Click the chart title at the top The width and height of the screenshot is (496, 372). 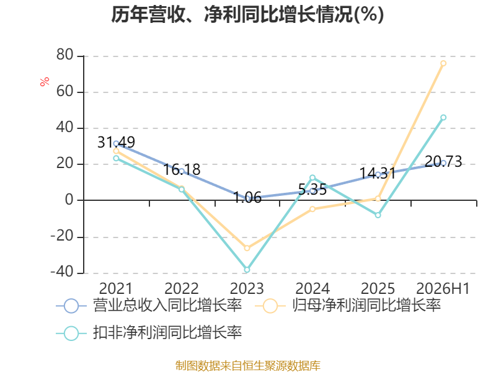click(247, 14)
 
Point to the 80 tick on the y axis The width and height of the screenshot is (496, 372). click(65, 55)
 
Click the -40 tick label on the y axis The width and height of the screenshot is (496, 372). click(62, 272)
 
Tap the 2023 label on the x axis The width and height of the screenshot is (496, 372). click(247, 288)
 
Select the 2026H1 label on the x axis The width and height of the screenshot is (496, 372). click(443, 288)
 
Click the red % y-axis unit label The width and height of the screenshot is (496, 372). click(45, 81)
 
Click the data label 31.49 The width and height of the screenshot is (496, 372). click(116, 143)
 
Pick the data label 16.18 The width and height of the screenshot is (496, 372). click(182, 169)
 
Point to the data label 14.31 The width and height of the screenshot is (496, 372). click(378, 174)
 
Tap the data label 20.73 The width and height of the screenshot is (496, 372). click(443, 161)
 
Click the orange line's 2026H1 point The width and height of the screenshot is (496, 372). click(443, 63)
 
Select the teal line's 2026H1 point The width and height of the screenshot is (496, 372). click(443, 117)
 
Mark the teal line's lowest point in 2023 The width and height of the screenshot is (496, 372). click(247, 270)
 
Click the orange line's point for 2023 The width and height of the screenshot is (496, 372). click(247, 248)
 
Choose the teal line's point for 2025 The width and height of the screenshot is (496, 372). click(378, 215)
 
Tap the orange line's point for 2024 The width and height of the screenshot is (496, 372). click(312, 209)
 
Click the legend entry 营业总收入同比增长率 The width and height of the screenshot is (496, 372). click(149, 306)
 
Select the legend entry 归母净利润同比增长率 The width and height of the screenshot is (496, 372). click(348, 306)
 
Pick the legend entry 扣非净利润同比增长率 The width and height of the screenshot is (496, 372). click(149, 333)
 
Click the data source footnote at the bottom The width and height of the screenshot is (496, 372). click(247, 366)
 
